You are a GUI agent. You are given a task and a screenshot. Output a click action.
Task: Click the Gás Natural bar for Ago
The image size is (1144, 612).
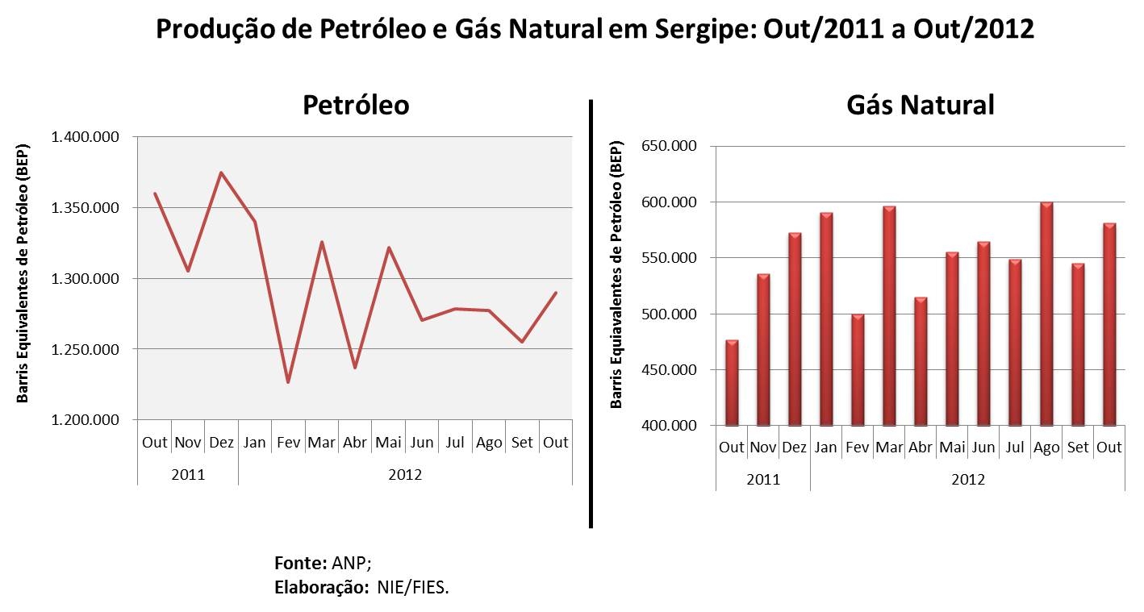1046,314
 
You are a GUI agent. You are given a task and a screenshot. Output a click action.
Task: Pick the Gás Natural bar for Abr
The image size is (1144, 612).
921,362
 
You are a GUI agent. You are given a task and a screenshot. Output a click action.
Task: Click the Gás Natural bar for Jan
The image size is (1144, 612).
826,319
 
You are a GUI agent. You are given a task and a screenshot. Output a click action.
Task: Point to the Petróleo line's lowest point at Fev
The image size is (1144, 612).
288,382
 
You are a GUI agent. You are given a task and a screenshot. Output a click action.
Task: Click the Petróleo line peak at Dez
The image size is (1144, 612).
221,173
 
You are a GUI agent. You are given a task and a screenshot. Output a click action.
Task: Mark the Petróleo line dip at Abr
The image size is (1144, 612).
355,368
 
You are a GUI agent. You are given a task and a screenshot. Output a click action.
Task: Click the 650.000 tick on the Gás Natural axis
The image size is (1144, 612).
668,146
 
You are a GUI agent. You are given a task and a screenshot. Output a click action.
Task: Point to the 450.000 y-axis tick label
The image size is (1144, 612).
668,370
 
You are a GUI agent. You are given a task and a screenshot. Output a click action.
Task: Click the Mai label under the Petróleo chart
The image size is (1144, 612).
388,442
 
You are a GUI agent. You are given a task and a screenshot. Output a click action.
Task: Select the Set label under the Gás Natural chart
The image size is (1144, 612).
1078,447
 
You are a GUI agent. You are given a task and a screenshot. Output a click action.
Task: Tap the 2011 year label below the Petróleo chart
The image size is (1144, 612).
188,475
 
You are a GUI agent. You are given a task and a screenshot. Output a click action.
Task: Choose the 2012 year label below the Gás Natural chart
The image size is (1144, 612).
968,480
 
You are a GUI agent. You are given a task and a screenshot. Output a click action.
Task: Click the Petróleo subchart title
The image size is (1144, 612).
356,105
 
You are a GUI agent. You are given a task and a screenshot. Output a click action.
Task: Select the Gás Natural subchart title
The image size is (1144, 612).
921,105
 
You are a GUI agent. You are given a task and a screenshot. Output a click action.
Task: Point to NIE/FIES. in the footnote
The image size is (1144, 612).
412,587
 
